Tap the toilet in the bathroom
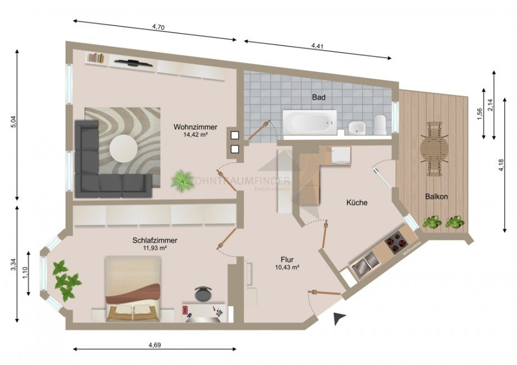point(380,125)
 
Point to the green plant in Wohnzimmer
point(182,181)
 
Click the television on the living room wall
point(133,63)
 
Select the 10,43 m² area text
point(287,268)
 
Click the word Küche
point(357,203)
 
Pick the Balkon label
point(436,197)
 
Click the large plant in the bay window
point(66,279)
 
